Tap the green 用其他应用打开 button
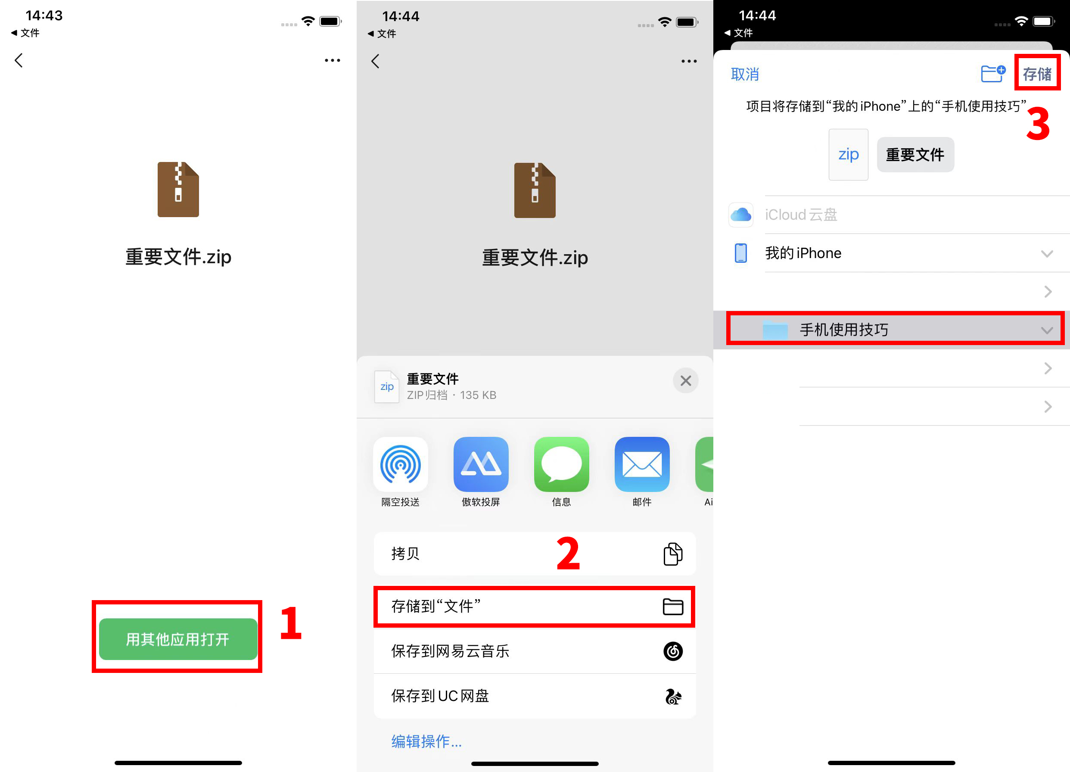point(178,639)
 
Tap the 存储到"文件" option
point(534,607)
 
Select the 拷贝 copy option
point(534,554)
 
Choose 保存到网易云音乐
point(534,651)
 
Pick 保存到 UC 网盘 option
point(534,696)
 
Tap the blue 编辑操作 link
point(426,741)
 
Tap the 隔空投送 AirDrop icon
point(400,465)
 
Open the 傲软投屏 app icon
point(481,465)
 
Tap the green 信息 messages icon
point(561,465)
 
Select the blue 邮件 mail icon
point(642,465)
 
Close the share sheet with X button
point(685,380)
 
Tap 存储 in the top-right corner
point(1037,74)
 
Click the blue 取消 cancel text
point(744,74)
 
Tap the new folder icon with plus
point(992,74)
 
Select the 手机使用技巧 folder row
point(895,330)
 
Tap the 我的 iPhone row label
point(803,253)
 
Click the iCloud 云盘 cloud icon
point(741,215)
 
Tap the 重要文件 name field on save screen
point(915,155)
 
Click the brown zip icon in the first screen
point(178,189)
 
